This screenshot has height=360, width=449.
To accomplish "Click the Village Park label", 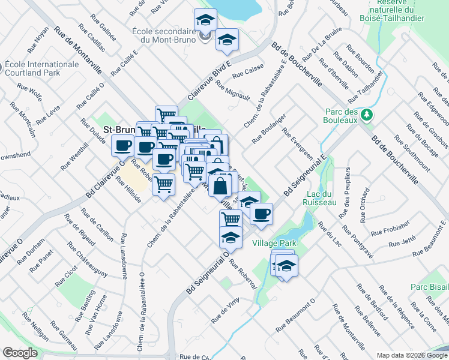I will click(x=274, y=244).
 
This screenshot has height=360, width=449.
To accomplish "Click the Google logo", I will click(x=20, y=353).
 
